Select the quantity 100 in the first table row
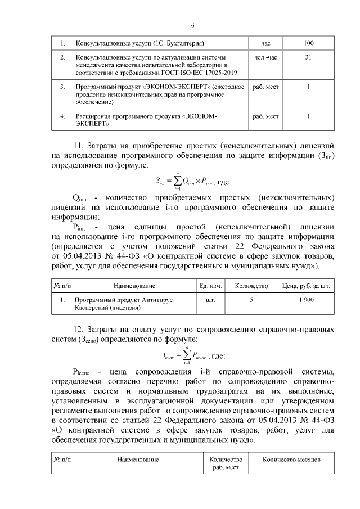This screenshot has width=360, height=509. pos(309,43)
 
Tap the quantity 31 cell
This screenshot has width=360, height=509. pos(309,58)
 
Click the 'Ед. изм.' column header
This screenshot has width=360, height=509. pos(210,286)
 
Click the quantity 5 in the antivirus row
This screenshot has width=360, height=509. pos(251,300)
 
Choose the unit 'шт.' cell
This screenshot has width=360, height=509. pos(210,300)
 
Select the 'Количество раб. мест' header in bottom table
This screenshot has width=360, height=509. pos(225,463)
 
